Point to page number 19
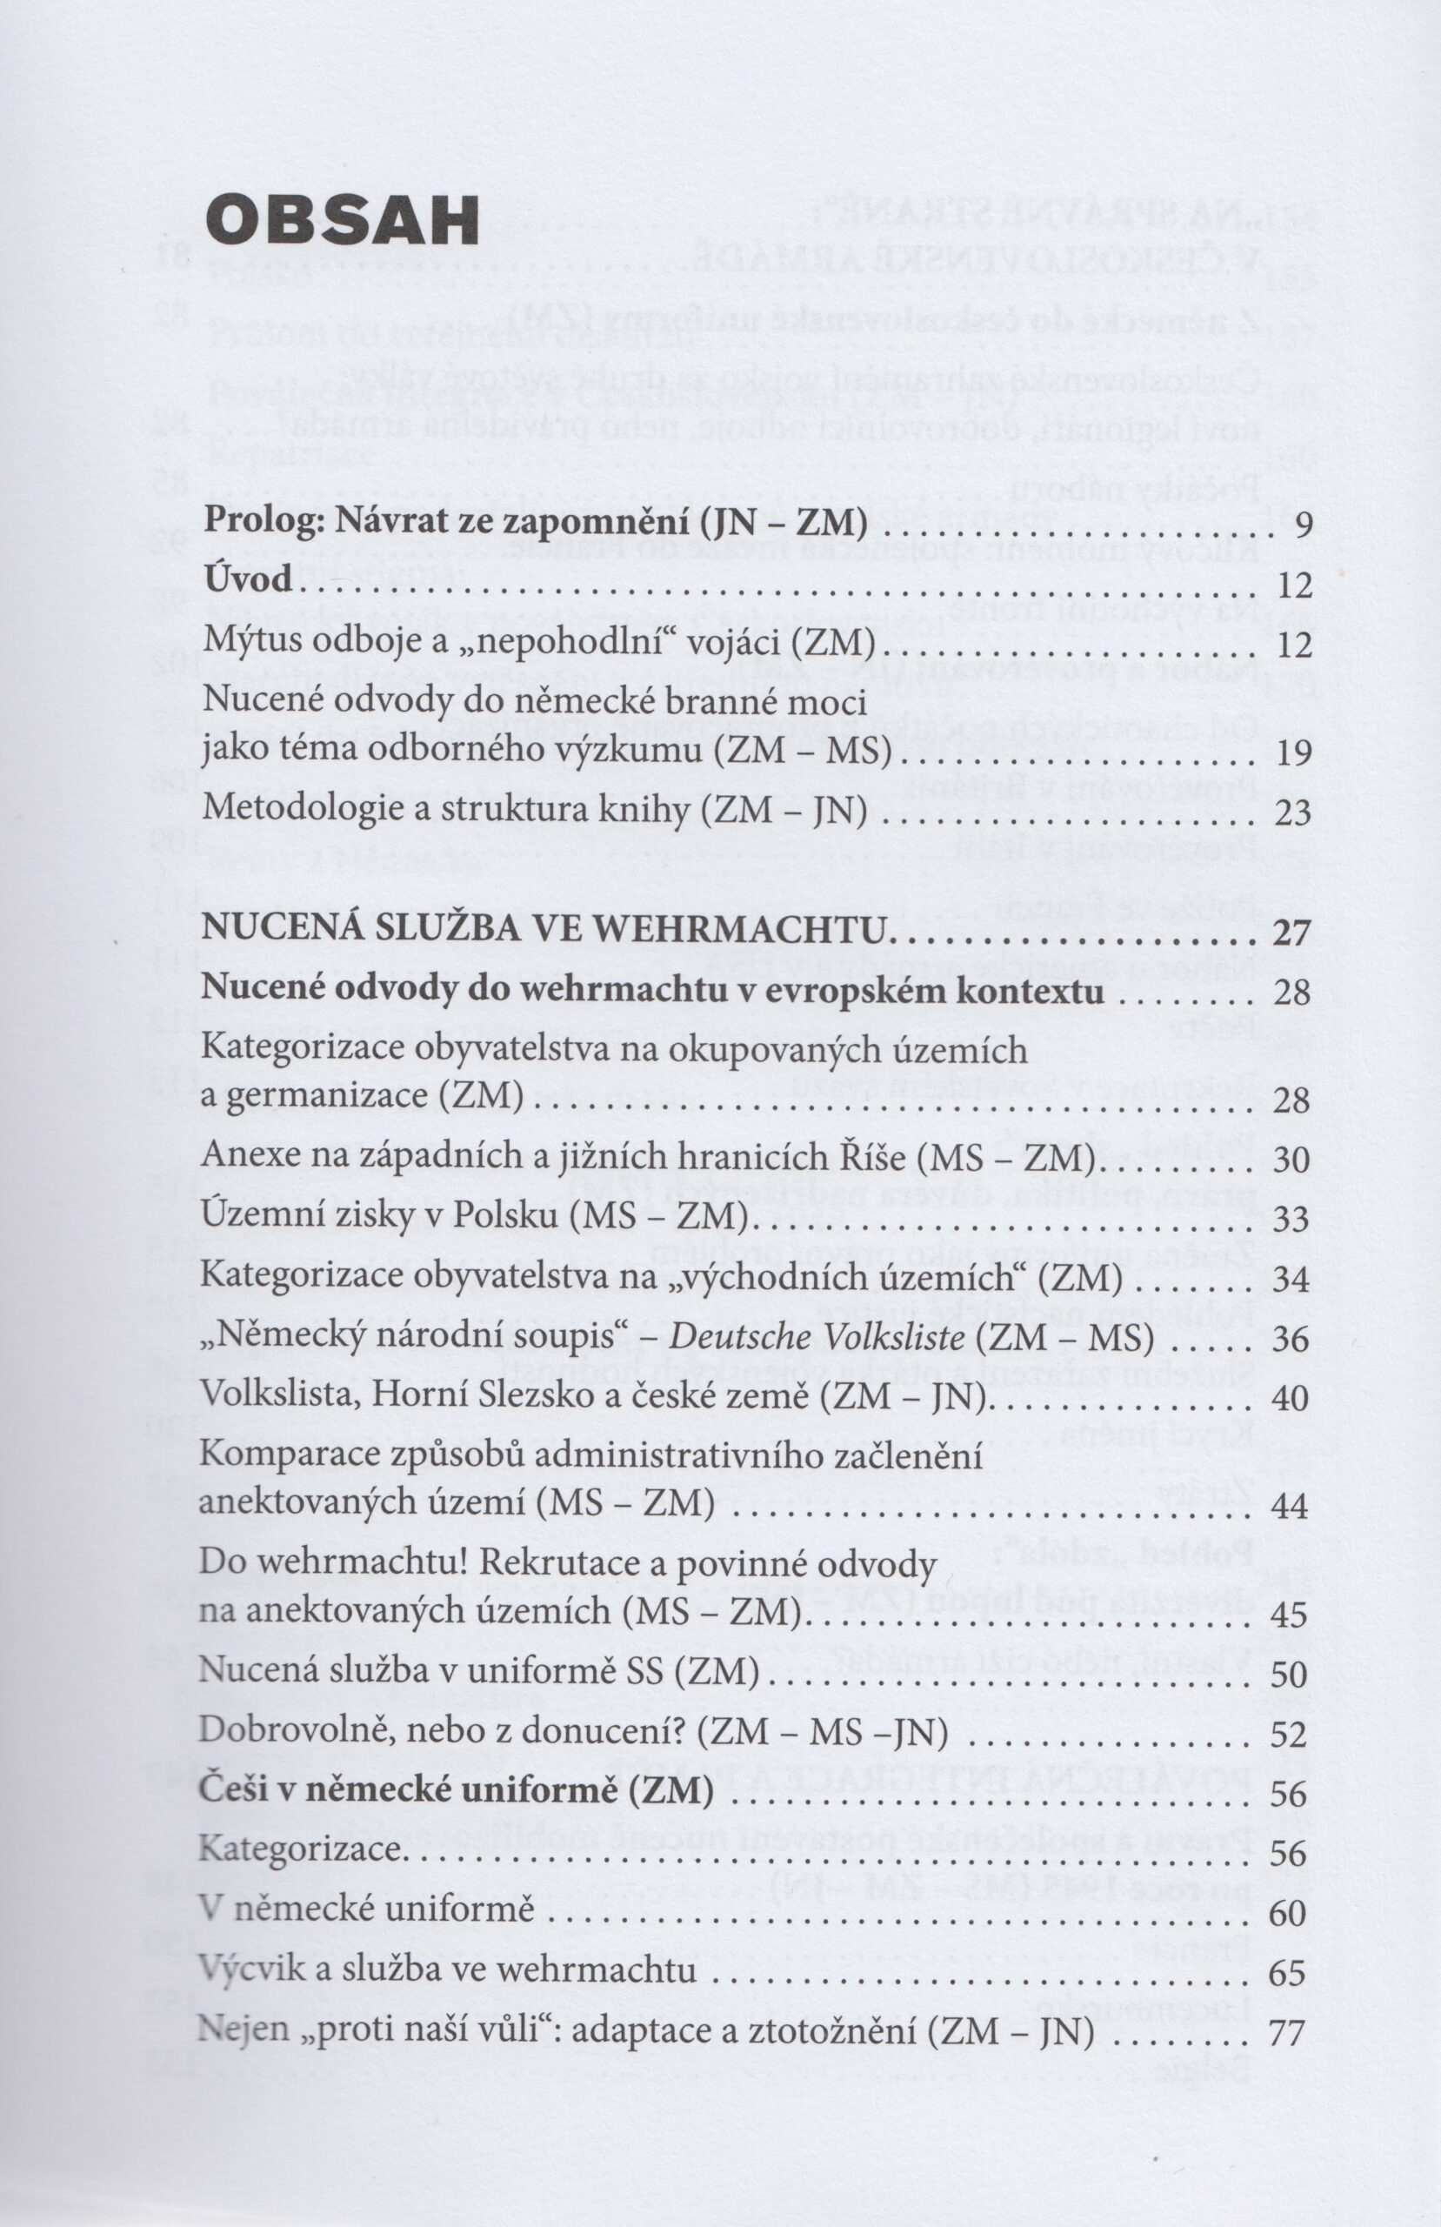coord(1293,753)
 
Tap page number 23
coord(1293,813)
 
